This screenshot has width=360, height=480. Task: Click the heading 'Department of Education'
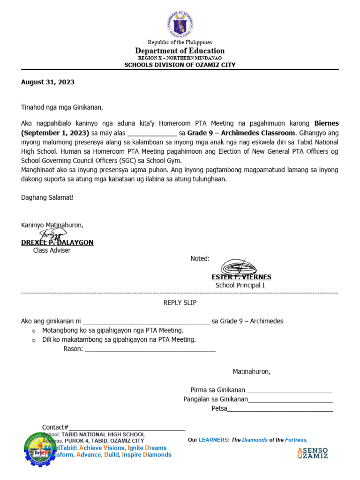[180, 51]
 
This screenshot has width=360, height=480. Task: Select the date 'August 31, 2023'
[48, 82]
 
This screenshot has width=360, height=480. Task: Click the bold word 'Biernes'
[326, 123]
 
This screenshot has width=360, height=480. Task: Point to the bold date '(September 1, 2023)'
[55, 133]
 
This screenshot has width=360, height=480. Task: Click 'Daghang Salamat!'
[47, 197]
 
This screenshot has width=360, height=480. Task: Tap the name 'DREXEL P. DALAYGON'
[57, 242]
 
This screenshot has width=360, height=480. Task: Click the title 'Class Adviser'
[52, 251]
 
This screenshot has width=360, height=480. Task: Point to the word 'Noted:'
[200, 259]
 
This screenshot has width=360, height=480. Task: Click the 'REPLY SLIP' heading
[180, 303]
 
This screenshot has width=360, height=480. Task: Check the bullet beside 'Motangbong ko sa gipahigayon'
[34, 331]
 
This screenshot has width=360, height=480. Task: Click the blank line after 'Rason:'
[150, 349]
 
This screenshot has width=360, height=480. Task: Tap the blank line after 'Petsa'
[280, 408]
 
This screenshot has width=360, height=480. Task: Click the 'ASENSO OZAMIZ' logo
[313, 453]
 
